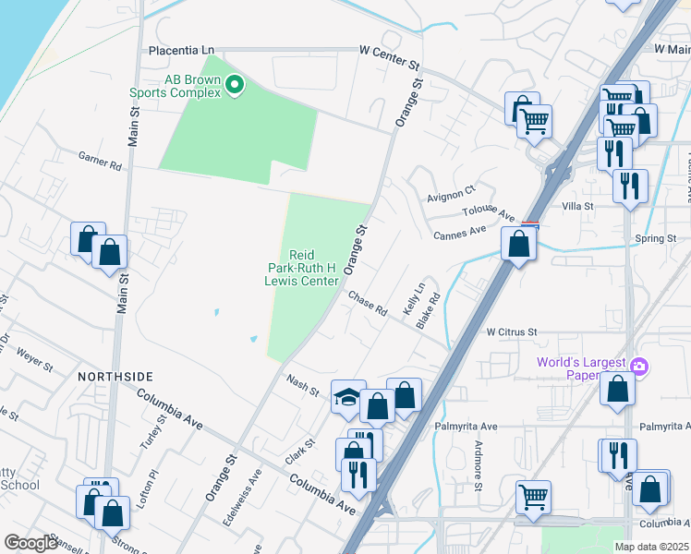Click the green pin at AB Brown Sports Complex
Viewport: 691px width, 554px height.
[235, 86]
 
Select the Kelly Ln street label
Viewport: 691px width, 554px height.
[413, 301]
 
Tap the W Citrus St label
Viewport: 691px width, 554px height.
[511, 331]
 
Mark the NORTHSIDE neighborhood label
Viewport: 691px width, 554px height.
[115, 377]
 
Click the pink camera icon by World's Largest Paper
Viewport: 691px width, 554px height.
[638, 368]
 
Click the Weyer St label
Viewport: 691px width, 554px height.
[35, 359]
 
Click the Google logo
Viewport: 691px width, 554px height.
[30, 542]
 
